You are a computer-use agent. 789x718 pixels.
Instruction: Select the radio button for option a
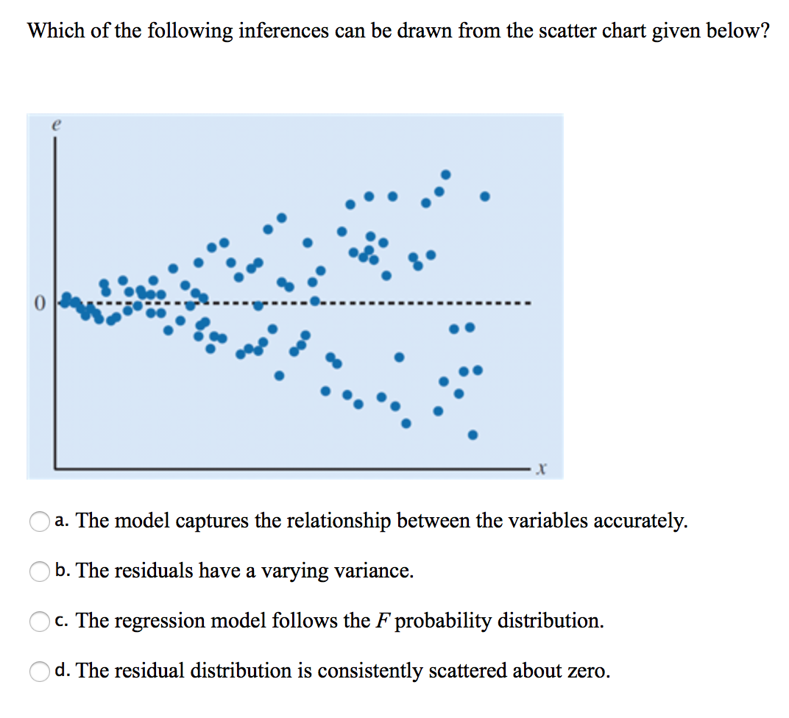(x=39, y=522)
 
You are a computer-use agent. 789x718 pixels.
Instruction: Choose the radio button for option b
(x=39, y=572)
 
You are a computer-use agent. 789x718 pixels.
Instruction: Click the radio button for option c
(x=39, y=622)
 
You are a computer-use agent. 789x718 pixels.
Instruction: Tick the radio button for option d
(x=39, y=672)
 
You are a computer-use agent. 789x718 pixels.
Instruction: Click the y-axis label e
(x=54, y=126)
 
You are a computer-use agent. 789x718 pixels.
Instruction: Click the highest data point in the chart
(x=445, y=175)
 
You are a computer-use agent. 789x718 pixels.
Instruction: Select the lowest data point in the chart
(x=473, y=435)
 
